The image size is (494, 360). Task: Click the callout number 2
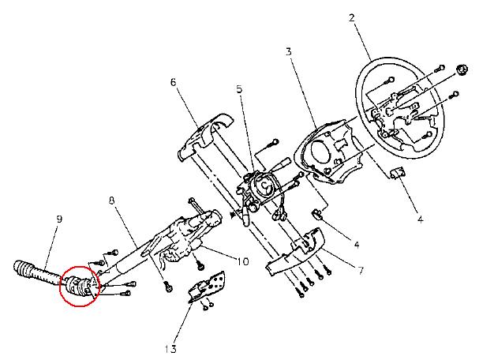tap(352, 17)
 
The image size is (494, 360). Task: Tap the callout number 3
tap(289, 51)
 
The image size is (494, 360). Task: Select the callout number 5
tap(239, 89)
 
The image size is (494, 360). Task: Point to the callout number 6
tap(174, 82)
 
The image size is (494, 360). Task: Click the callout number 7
tap(361, 271)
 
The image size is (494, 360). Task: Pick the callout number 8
tap(112, 201)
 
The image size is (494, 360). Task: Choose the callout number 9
tap(59, 219)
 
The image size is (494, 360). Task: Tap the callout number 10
tap(242, 261)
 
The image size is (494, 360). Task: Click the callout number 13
tap(170, 349)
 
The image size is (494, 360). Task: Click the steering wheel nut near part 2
tap(462, 69)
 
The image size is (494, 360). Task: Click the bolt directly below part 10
tap(199, 266)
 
